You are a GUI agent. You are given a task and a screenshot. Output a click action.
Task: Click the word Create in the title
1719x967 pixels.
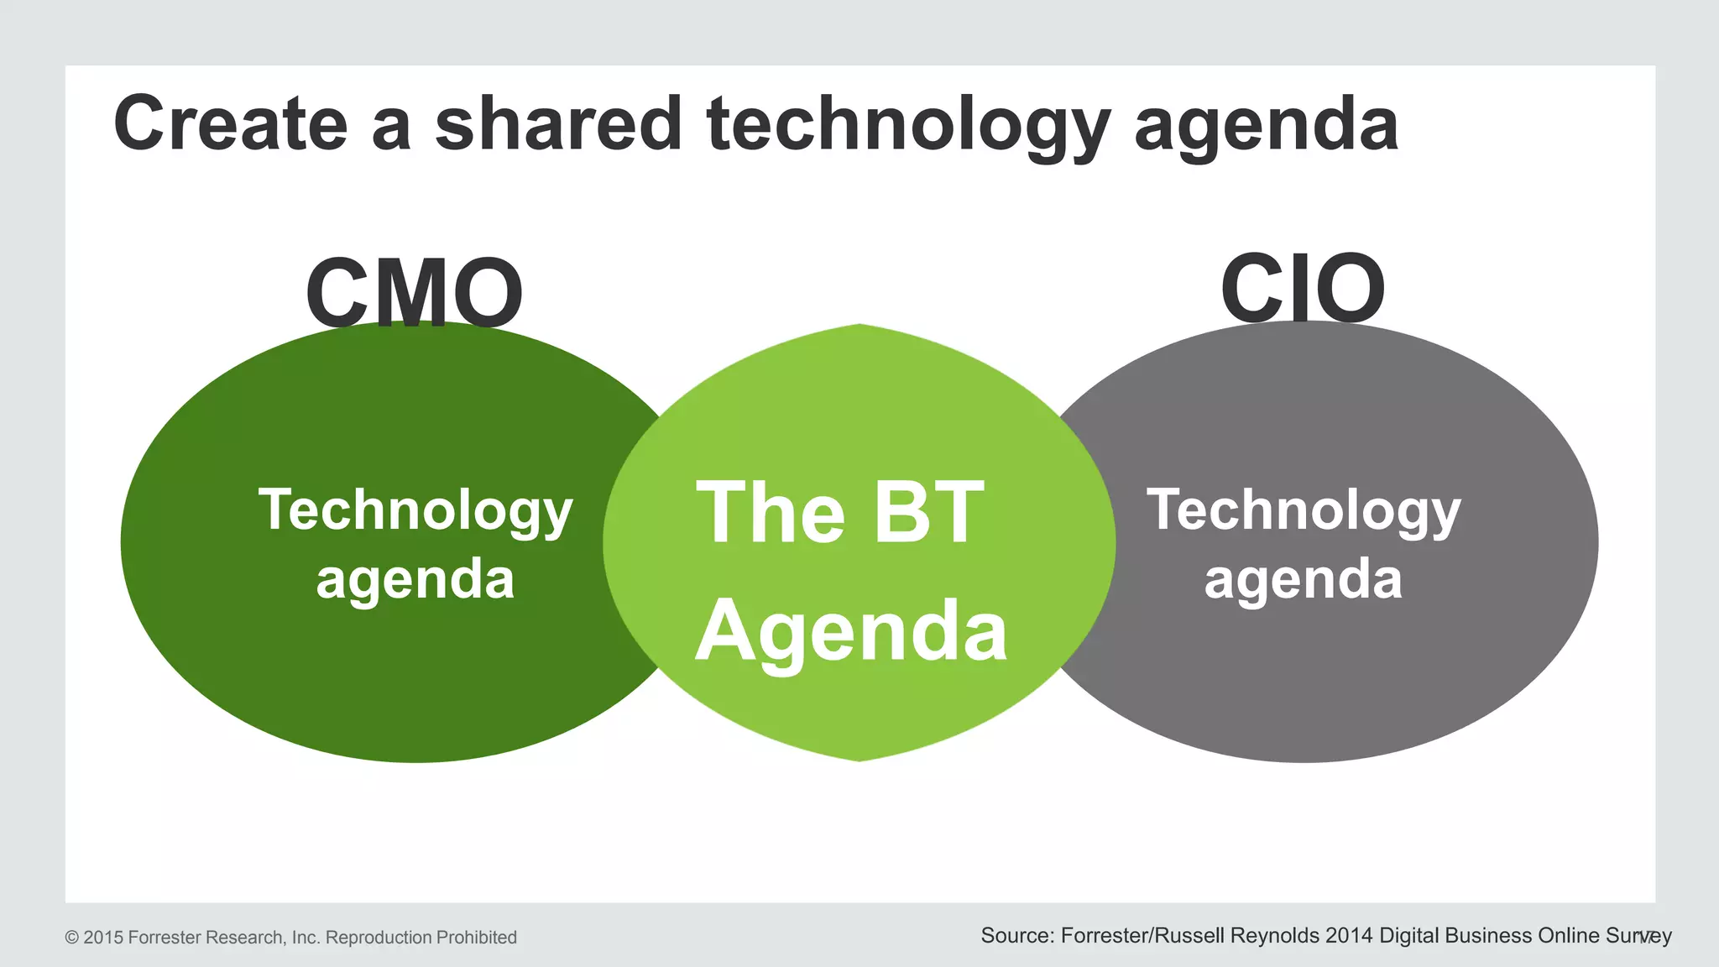231,123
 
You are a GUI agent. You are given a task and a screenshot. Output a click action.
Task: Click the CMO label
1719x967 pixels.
415,293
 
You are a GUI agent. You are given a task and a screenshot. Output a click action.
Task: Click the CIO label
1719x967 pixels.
1303,288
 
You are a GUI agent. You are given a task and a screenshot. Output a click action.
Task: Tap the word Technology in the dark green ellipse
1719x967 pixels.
415,512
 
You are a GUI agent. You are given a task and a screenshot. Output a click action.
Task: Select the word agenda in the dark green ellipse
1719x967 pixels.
415,580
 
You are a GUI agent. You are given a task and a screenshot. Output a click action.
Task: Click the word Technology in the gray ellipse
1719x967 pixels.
1304,512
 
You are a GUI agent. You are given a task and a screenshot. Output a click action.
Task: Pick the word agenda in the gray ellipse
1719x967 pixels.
1304,580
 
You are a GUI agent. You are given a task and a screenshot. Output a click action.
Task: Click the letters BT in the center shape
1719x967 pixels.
928,512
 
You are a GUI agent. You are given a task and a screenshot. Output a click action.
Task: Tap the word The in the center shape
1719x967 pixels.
771,512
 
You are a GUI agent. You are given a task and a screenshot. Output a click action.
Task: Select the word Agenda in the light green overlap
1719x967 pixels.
851,632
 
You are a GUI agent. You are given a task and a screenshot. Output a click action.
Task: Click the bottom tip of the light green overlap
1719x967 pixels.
859,759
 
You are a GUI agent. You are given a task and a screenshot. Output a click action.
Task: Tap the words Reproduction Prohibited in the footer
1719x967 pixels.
421,938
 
